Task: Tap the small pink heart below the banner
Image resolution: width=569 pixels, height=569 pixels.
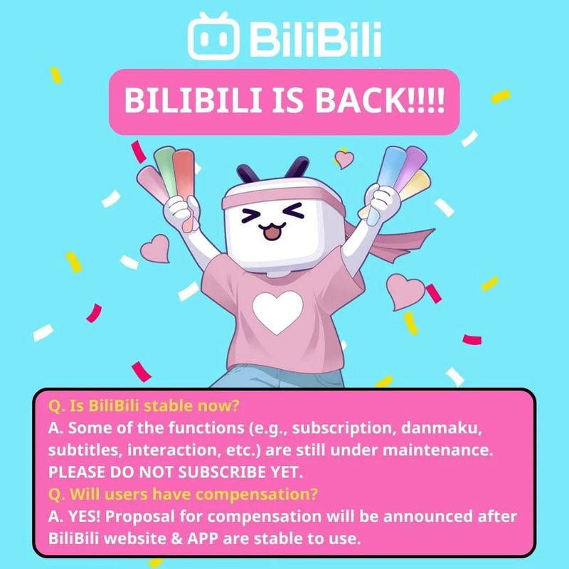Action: pyautogui.click(x=344, y=159)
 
